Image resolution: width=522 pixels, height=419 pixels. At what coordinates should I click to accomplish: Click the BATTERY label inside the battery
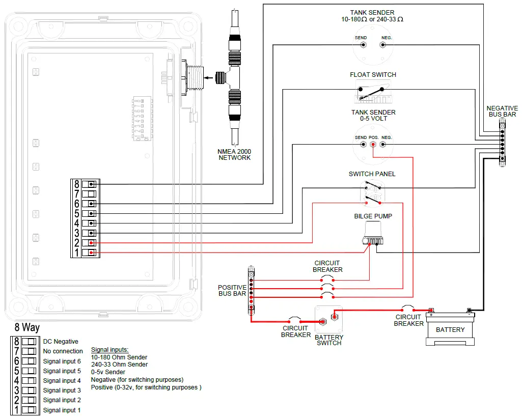pyautogui.click(x=450, y=330)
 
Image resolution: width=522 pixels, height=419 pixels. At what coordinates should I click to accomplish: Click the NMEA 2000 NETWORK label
pyautogui.click(x=235, y=155)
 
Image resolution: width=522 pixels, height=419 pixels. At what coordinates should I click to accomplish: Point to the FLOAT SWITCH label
pyautogui.click(x=373, y=75)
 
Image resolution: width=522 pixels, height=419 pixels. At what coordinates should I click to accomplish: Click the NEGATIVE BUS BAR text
pyautogui.click(x=502, y=111)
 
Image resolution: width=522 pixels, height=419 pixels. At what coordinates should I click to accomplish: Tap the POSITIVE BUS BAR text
pyautogui.click(x=232, y=291)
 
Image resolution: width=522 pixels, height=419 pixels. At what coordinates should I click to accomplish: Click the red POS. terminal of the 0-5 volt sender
pyautogui.click(x=373, y=145)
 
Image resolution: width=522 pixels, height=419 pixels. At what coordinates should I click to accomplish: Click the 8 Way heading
pyautogui.click(x=26, y=328)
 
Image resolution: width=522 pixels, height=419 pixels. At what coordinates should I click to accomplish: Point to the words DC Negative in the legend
pyautogui.click(x=61, y=342)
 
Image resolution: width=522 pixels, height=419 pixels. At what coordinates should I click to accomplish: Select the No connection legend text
pyautogui.click(x=63, y=351)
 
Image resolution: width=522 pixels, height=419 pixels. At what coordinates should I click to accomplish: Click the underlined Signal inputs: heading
pyautogui.click(x=109, y=350)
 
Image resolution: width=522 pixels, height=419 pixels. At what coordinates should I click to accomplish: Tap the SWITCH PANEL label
pyautogui.click(x=372, y=174)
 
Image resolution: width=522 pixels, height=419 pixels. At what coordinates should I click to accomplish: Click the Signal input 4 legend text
pyautogui.click(x=62, y=381)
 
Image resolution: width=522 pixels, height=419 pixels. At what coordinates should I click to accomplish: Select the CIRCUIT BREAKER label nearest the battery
pyautogui.click(x=408, y=320)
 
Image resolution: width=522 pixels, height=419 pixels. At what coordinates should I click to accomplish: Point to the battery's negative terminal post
pyautogui.click(x=469, y=310)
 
